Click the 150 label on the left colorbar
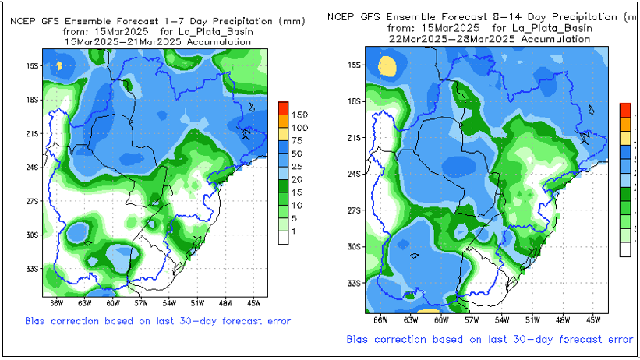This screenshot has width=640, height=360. click(x=300, y=115)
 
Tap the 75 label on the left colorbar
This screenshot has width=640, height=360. click(x=298, y=140)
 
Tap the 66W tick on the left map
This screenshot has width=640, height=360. click(x=56, y=302)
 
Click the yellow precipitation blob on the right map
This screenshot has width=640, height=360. click(x=387, y=66)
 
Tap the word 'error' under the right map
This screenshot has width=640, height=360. click(x=617, y=339)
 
